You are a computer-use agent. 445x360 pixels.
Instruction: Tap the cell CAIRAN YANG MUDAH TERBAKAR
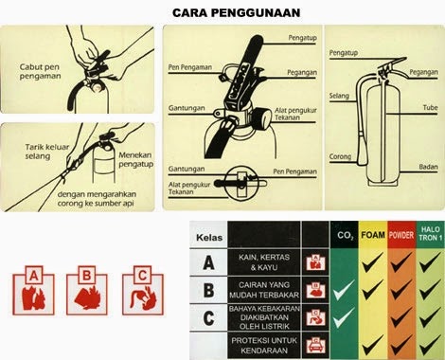262,289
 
